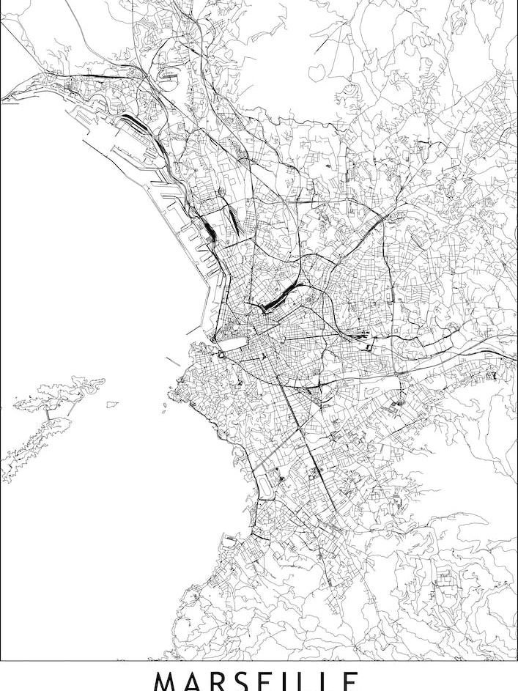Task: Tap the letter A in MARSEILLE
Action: pyautogui.click(x=195, y=681)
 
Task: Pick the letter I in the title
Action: pyautogui.click(x=294, y=681)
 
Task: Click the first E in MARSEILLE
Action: pyautogui.click(x=272, y=681)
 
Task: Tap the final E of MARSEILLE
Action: pyautogui.click(x=350, y=681)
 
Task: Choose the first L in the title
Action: pyautogui.click(x=311, y=681)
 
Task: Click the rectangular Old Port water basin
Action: pyautogui.click(x=232, y=343)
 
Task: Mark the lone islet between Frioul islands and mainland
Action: pyautogui.click(x=112, y=404)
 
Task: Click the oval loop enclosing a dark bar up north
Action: pyautogui.click(x=168, y=75)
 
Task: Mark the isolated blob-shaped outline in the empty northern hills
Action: pyautogui.click(x=320, y=71)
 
